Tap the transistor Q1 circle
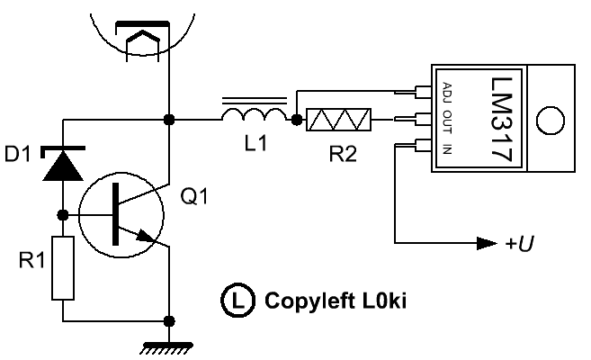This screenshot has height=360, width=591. point(120,216)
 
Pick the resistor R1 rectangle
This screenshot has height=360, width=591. point(62,266)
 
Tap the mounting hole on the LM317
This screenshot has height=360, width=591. point(548,119)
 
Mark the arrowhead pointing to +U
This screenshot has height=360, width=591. point(487,243)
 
